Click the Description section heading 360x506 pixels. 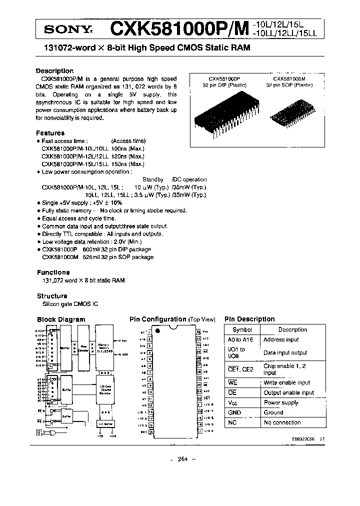pyautogui.click(x=54, y=71)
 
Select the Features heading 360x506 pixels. pyautogui.click(x=50, y=133)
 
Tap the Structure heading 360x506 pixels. pyautogui.click(x=52, y=296)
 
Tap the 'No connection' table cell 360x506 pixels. pyautogui.click(x=282, y=422)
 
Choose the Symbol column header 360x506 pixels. pyautogui.click(x=242, y=329)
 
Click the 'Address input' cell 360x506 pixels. pyautogui.click(x=281, y=339)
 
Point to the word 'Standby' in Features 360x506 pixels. pyautogui.click(x=153, y=179)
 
